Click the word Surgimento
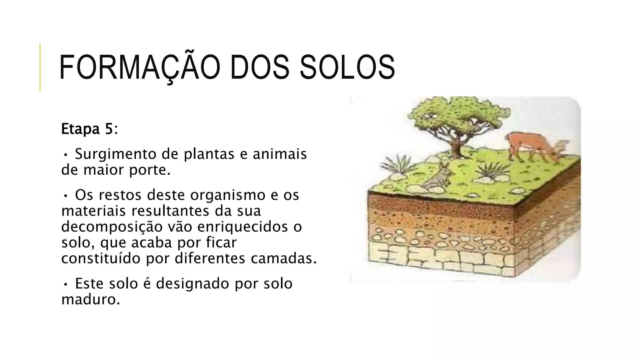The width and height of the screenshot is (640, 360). [116, 154]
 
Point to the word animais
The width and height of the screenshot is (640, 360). [280, 154]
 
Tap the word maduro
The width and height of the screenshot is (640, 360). [90, 300]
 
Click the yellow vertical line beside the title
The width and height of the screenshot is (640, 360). [40, 67]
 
